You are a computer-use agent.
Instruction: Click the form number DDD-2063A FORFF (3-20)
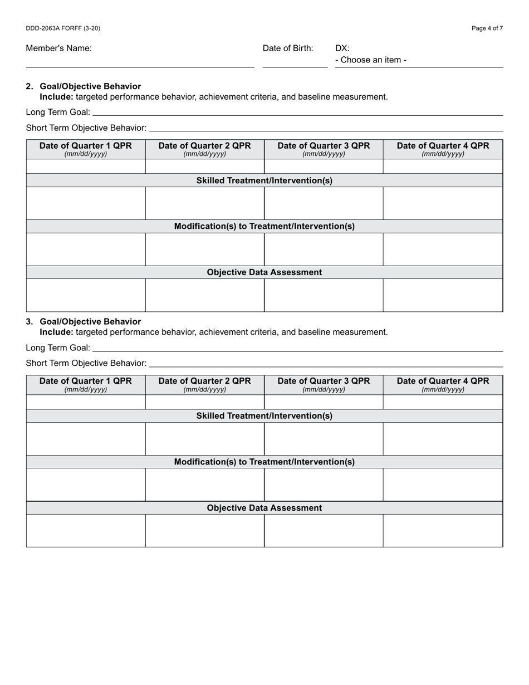tap(63, 28)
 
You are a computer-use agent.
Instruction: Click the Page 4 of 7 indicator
tap(487, 28)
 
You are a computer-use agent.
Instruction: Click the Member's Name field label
tap(58, 48)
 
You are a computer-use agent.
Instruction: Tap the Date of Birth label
tap(288, 48)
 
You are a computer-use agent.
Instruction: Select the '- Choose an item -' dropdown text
tap(371, 60)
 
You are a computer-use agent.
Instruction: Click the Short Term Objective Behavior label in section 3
tap(86, 363)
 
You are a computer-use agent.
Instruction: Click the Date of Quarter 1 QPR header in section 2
tap(86, 146)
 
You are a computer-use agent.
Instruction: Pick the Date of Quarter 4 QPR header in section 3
tap(443, 381)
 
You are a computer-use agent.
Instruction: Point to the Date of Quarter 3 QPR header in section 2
tap(324, 146)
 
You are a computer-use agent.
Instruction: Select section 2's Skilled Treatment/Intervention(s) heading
tap(264, 180)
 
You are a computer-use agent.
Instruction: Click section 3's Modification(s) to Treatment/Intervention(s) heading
tap(264, 462)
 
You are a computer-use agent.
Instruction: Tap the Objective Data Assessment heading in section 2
tap(264, 272)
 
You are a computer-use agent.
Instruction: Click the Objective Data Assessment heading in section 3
tap(264, 508)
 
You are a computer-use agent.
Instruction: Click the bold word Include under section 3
tap(56, 332)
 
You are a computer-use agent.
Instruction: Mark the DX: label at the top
tap(342, 48)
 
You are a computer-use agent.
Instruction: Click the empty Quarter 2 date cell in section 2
tap(204, 166)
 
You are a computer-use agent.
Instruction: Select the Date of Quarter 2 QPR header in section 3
tap(204, 381)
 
